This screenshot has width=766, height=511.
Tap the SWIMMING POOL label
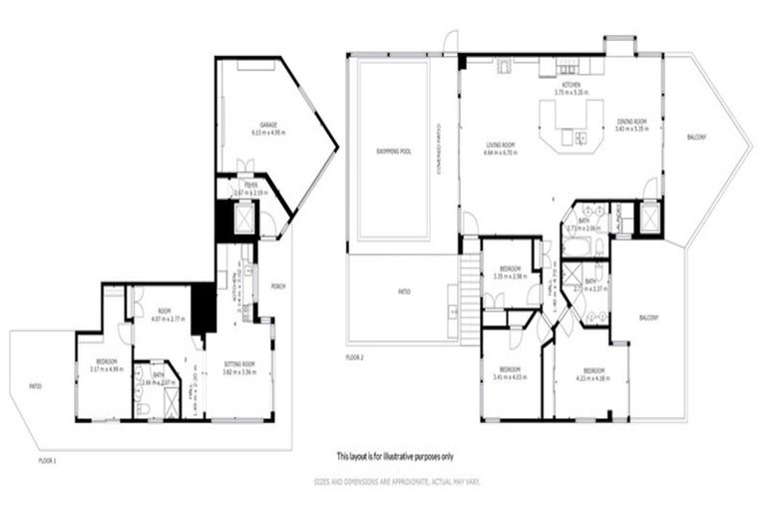click(393, 152)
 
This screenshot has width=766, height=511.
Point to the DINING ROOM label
click(631, 123)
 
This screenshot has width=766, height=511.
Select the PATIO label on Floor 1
click(35, 386)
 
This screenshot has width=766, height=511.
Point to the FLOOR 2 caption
click(355, 356)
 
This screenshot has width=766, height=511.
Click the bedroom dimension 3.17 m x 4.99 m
click(104, 365)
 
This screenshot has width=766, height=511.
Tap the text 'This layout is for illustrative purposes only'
click(395, 455)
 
